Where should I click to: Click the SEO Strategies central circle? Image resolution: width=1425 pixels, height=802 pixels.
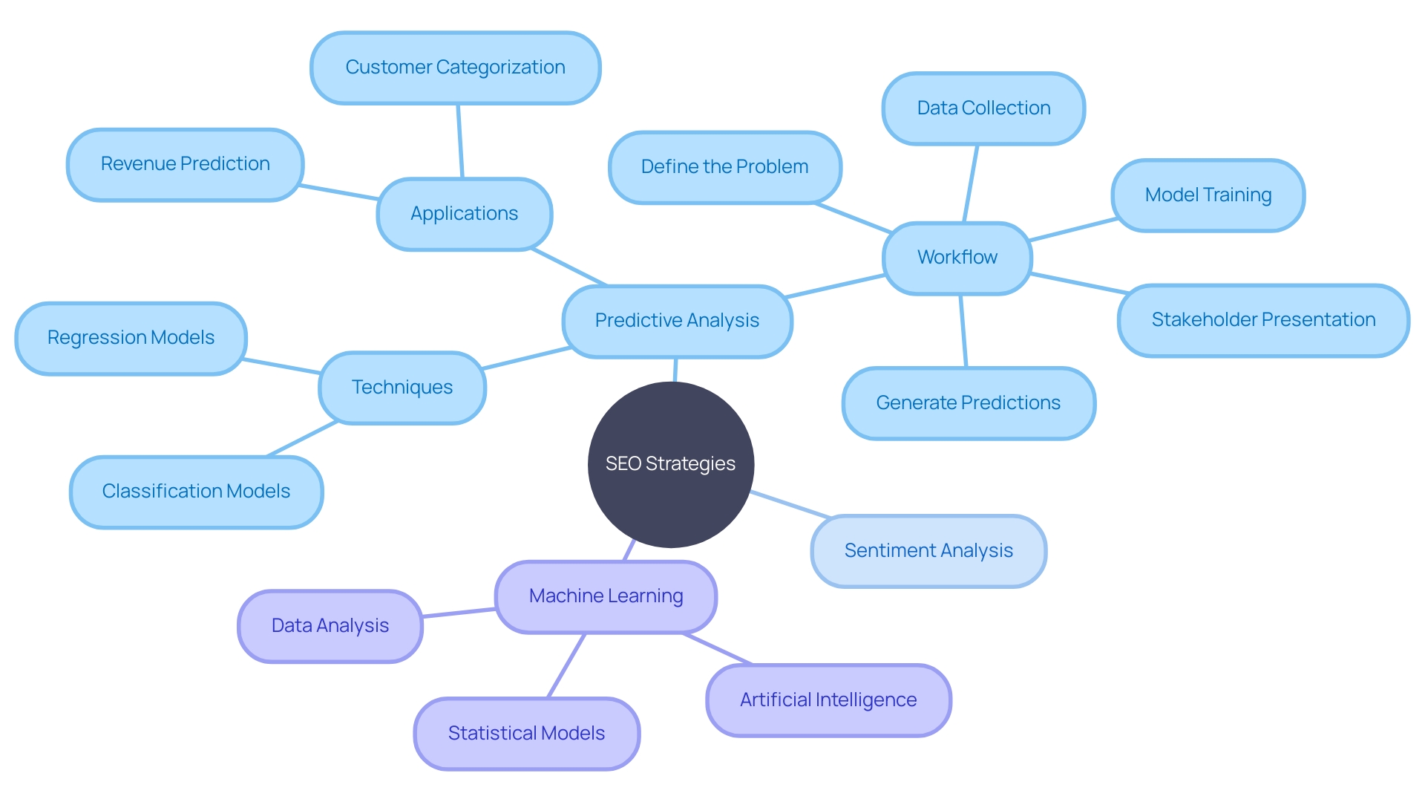[x=670, y=464]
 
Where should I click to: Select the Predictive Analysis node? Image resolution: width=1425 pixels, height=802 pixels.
[x=677, y=321]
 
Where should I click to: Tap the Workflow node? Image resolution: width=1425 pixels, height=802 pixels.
[x=957, y=258]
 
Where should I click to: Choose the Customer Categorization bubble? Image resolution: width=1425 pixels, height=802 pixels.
[x=455, y=68]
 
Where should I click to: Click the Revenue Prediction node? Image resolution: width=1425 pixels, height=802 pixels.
[x=185, y=164]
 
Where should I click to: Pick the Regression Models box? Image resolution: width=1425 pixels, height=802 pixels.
[x=131, y=338]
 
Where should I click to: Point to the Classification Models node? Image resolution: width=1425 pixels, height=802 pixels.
[x=196, y=492]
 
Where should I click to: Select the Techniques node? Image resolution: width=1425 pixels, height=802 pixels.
[x=402, y=388]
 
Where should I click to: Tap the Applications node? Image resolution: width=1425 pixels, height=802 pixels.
[x=464, y=214]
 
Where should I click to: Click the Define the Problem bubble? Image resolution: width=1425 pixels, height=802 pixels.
[x=724, y=167]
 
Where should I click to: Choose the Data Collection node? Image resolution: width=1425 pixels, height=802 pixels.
[x=983, y=108]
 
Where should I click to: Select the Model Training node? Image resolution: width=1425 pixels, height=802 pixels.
[x=1208, y=195]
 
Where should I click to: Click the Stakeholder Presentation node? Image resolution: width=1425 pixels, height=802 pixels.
[x=1263, y=320]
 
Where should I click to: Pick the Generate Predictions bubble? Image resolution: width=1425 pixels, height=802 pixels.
[x=968, y=403]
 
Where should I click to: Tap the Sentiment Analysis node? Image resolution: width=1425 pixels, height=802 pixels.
[x=928, y=551]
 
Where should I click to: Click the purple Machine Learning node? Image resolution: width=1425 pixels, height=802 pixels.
[x=606, y=596]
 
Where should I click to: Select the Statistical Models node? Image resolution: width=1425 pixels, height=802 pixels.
[x=526, y=734]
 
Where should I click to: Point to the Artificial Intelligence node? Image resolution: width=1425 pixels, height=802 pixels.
[x=828, y=700]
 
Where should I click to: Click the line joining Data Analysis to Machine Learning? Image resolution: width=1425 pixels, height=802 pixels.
[x=459, y=613]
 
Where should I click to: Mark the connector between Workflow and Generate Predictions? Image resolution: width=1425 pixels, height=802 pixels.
[x=963, y=331]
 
